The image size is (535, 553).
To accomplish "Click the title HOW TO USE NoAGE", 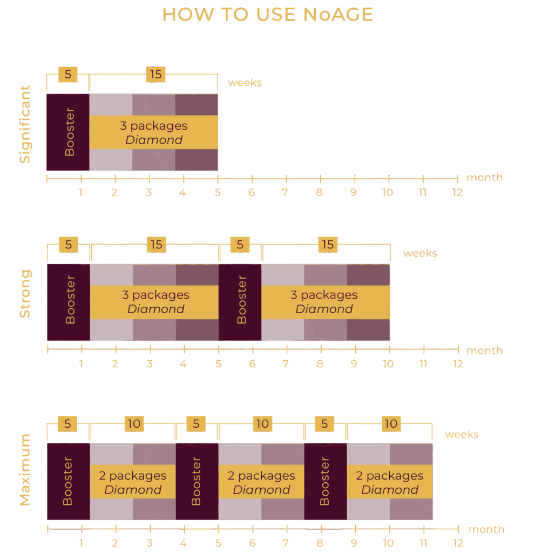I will [x=267, y=15].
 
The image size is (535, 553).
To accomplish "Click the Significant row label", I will [x=25, y=125].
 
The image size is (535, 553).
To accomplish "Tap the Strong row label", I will [x=25, y=294].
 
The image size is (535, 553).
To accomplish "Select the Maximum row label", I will [x=25, y=469].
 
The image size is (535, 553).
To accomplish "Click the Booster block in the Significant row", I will [x=68, y=132].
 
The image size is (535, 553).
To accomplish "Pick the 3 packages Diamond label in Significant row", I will [x=153, y=132].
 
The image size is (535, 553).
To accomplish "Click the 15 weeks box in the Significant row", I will [x=155, y=75].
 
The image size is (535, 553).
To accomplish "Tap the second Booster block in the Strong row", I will [x=240, y=302].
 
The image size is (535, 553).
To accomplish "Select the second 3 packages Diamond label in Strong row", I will [x=324, y=302].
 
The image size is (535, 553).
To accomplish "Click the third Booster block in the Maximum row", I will [x=325, y=482].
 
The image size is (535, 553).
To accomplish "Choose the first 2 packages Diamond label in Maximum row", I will [x=133, y=482].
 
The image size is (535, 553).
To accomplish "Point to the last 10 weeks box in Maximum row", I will [x=390, y=424].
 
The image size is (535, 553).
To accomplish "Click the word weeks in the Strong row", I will [x=420, y=253].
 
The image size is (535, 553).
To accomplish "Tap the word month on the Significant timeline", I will [x=484, y=177].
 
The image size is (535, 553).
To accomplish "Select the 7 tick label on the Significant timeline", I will [x=285, y=192].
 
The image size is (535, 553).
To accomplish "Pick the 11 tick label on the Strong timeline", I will [x=423, y=364].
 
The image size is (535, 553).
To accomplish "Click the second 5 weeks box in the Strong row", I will [x=240, y=245].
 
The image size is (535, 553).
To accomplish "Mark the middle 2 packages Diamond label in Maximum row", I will [x=261, y=482].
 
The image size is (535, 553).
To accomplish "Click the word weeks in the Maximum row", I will [x=462, y=434].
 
